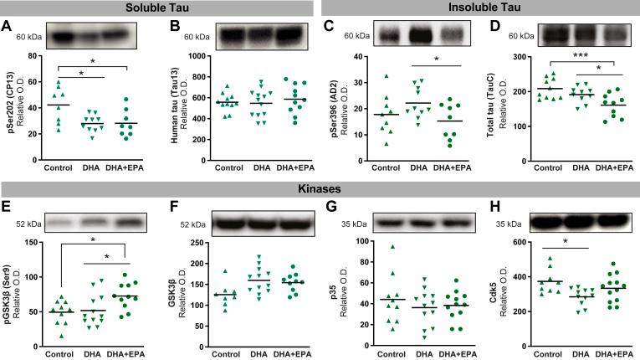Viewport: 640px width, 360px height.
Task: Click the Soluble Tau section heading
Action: pos(156,8)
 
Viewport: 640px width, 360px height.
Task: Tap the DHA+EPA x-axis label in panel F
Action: pos(292,352)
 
